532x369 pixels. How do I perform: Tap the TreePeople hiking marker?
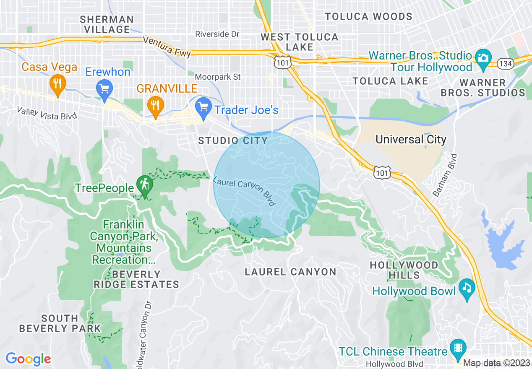tap(144, 185)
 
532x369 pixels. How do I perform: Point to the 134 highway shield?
tap(503, 64)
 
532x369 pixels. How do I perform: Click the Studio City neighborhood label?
tap(233, 140)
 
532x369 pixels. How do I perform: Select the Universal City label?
tap(411, 140)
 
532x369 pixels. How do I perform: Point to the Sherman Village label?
tap(107, 24)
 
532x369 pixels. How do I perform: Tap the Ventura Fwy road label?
tap(167, 47)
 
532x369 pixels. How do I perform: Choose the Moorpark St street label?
tap(218, 77)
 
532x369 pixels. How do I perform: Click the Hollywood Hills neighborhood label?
tap(404, 270)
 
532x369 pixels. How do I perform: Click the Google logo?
tap(28, 359)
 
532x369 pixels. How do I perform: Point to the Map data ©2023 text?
tap(497, 363)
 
